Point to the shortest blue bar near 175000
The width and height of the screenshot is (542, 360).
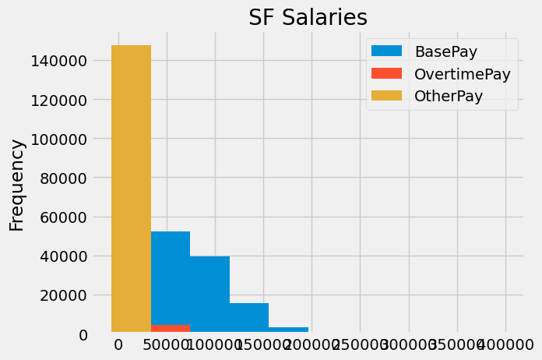(288, 330)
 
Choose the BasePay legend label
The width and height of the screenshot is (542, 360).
(445, 51)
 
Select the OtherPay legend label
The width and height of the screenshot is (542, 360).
(449, 97)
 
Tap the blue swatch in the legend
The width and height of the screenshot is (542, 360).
(387, 51)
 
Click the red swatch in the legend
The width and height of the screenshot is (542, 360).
(387, 74)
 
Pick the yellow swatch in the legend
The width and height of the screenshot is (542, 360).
(387, 97)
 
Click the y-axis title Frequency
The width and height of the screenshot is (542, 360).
(17, 185)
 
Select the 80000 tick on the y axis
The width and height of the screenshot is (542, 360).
(60, 178)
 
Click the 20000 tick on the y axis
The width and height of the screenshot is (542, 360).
(60, 295)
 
